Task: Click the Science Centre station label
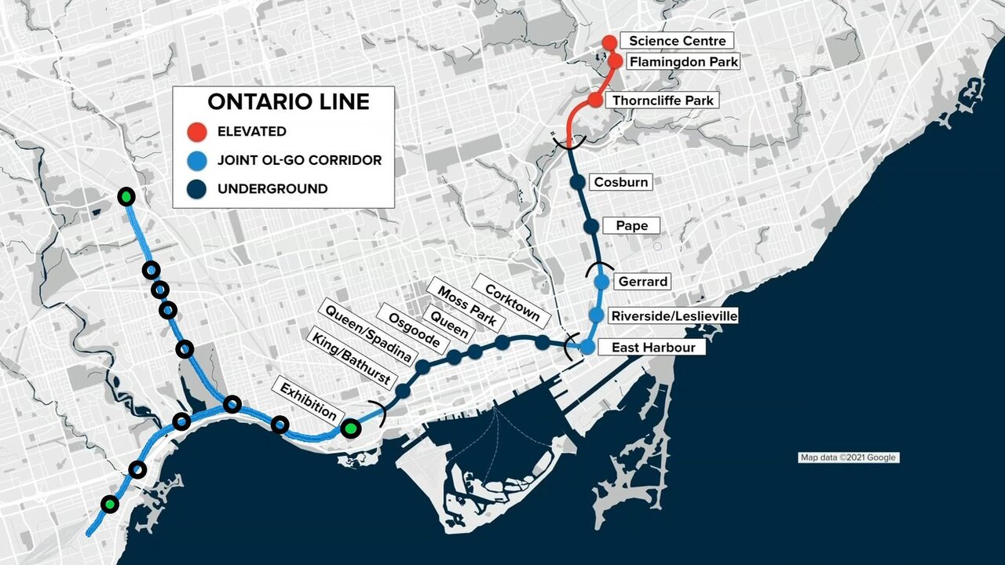[x=677, y=41]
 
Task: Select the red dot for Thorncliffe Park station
[x=595, y=100]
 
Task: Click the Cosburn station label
[x=621, y=182]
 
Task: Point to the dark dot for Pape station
[x=591, y=227]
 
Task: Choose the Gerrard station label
[x=642, y=282]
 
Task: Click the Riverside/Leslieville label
[x=674, y=315]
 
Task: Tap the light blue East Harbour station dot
[x=587, y=347]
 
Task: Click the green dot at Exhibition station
[x=350, y=428]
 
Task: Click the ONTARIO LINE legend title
[x=288, y=101]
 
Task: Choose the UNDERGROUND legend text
[x=272, y=189]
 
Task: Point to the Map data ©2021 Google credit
[x=848, y=457]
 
